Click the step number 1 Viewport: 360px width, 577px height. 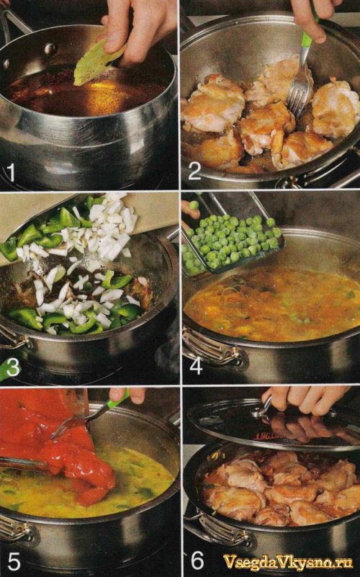(11, 172)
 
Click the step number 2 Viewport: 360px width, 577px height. (195, 171)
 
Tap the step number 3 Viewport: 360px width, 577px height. (13, 368)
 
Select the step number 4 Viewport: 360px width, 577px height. (196, 366)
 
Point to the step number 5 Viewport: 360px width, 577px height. (14, 561)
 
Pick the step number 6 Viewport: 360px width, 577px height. (197, 560)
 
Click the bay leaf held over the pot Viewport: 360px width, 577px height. (96, 63)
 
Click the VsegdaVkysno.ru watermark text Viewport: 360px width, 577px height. (288, 562)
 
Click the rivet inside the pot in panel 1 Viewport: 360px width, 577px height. (50, 48)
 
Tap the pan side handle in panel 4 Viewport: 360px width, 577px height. (213, 350)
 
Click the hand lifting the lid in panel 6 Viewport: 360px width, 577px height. (305, 398)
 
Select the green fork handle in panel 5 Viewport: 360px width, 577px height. (117, 401)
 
